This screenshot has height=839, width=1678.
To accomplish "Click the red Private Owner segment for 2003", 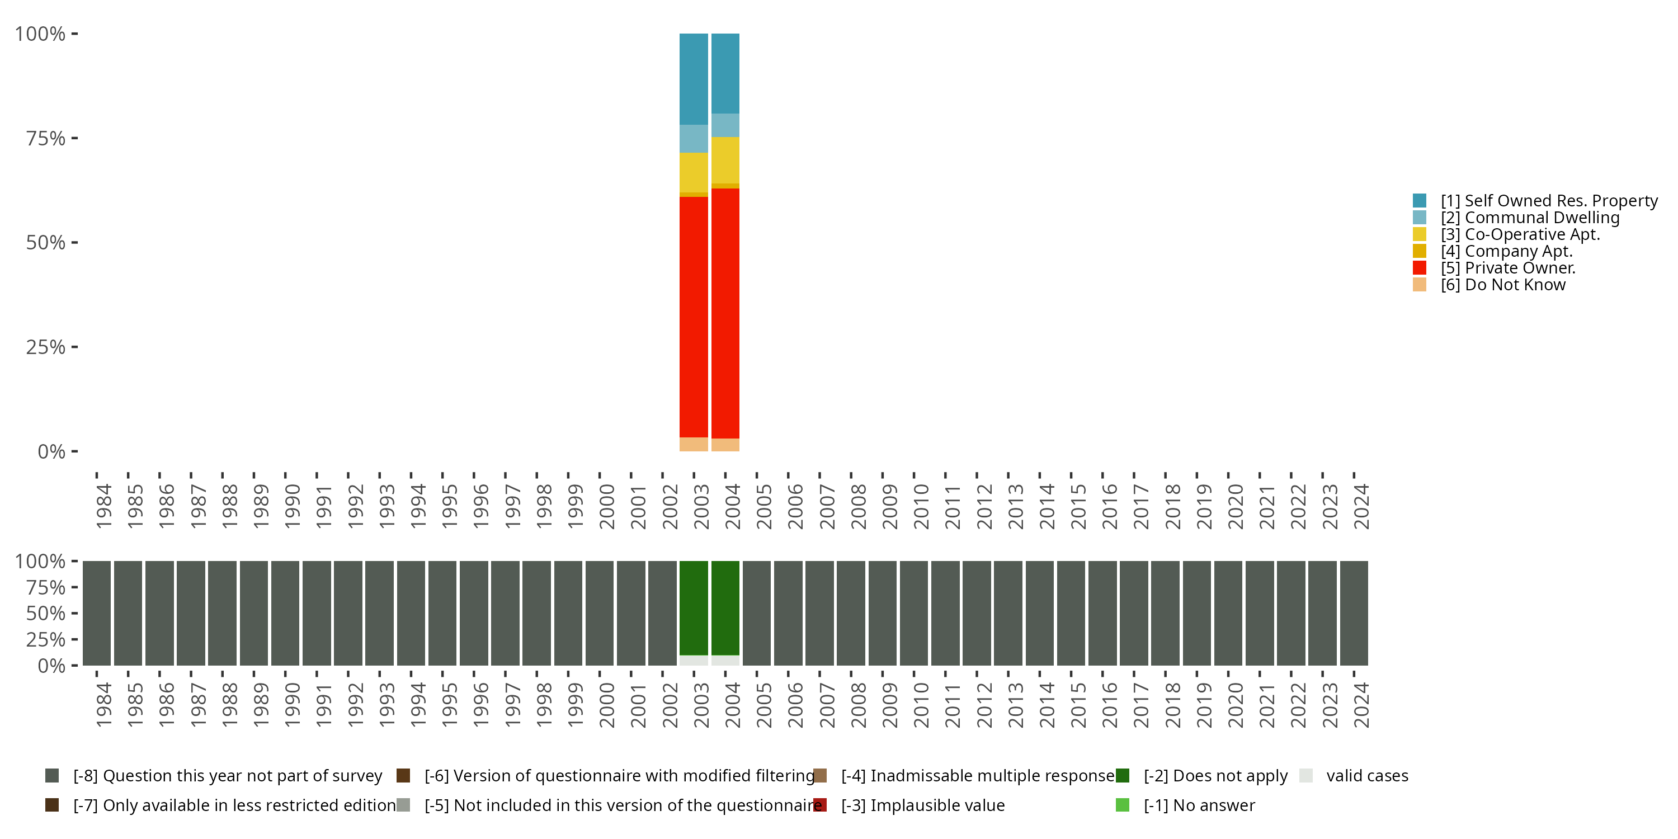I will click(693, 316).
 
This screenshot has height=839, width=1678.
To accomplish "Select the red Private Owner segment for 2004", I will click(725, 313).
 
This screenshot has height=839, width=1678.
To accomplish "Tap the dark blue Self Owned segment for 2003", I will click(693, 78).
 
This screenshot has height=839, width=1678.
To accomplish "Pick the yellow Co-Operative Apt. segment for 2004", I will click(725, 159).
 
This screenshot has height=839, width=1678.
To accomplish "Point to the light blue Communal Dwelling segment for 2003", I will click(693, 138).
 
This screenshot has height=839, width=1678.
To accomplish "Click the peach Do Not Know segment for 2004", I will click(725, 444).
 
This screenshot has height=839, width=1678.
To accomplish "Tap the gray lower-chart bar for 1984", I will click(96, 613).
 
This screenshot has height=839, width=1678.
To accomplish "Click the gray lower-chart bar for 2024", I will click(1354, 613).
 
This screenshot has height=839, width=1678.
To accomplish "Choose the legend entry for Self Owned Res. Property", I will click(1548, 201).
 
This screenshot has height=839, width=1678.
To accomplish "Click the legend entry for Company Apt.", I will click(1518, 251).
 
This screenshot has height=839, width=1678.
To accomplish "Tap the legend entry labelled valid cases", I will click(1366, 776).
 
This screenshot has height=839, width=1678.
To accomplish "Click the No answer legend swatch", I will click(1123, 805).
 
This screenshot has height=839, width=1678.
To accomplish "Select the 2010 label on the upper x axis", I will click(921, 506).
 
